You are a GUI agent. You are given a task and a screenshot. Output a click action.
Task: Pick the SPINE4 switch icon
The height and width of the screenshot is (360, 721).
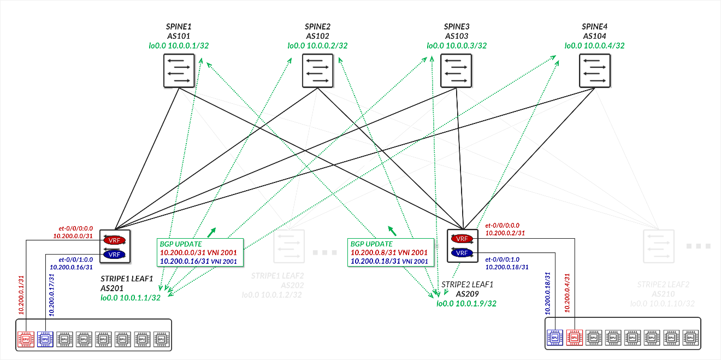point(595,72)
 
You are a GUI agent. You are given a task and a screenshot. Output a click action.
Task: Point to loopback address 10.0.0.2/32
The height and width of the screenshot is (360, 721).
point(317,46)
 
